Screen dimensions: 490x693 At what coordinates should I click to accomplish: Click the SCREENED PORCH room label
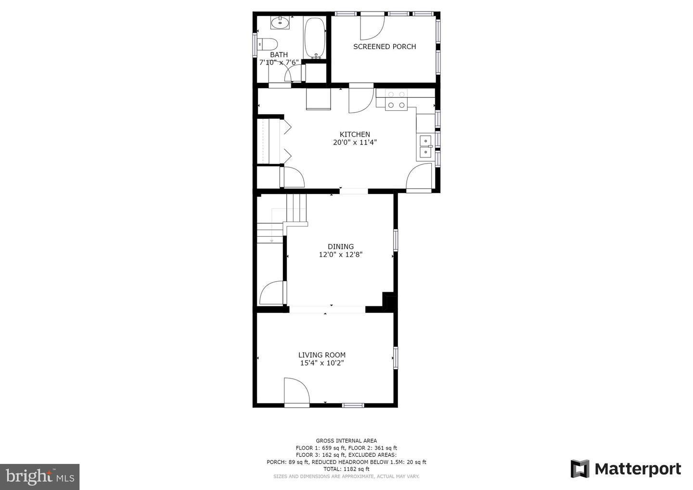pos(385,47)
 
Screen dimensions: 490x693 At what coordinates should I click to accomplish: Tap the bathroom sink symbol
pos(280,23)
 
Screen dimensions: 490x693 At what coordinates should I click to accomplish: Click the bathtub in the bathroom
pos(315,38)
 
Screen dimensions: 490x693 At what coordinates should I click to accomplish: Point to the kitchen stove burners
pos(396,100)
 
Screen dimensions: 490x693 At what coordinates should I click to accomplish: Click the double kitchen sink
pos(425,146)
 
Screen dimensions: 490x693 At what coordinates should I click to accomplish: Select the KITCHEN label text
pos(355,134)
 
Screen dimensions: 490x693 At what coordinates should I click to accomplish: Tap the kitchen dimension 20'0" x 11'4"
pos(355,142)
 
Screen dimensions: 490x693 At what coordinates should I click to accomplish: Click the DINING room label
pos(341,246)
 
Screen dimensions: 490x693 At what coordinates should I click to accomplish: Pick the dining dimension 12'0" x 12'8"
pos(341,255)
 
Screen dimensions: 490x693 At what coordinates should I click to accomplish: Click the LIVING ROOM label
pos(322,355)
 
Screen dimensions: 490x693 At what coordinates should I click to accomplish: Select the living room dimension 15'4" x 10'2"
pos(322,363)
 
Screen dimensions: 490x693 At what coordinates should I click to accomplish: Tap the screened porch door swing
pos(371,27)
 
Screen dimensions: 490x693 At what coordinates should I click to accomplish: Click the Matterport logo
pos(626,469)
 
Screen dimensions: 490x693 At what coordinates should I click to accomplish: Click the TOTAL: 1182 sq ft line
pos(346,469)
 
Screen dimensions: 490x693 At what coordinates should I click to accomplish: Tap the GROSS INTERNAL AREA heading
pos(346,440)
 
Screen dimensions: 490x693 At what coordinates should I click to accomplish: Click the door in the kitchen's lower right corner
pos(419,178)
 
